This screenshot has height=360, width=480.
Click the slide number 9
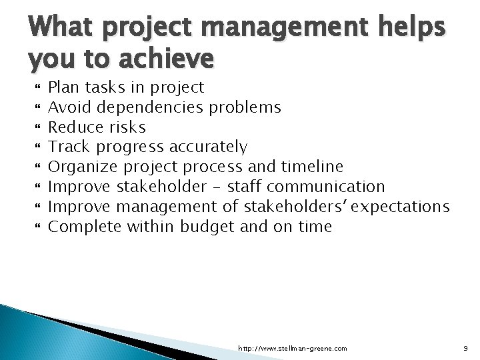[x=465, y=348]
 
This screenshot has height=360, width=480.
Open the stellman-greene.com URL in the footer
[x=293, y=348]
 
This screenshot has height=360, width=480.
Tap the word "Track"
[x=69, y=147]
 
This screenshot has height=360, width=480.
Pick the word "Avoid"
[x=70, y=107]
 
